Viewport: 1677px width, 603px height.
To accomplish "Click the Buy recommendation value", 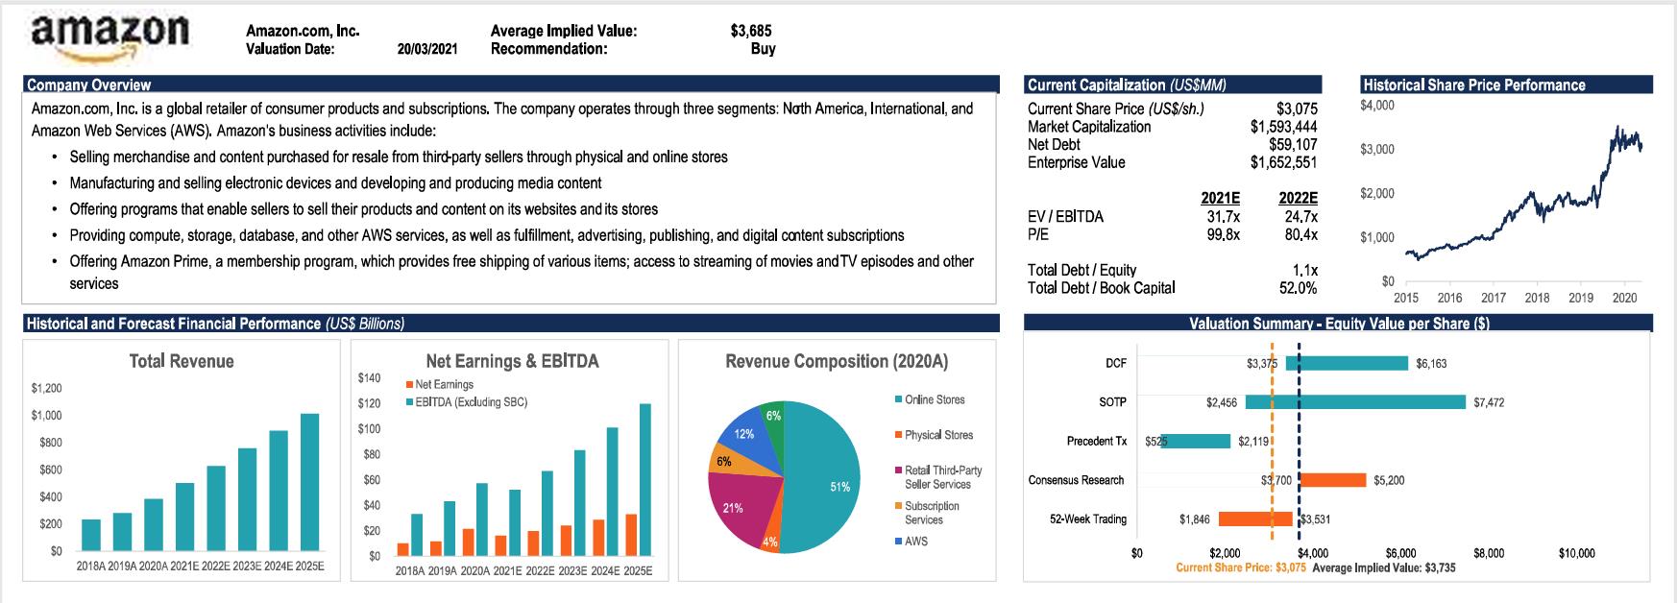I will (x=763, y=49).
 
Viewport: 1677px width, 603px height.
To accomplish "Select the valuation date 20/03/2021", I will (x=426, y=49).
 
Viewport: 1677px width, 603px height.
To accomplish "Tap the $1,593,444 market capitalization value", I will (x=1283, y=127).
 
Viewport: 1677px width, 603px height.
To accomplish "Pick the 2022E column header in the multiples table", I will (x=1299, y=199).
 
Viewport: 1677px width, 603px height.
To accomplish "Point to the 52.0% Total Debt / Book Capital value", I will (x=1298, y=288).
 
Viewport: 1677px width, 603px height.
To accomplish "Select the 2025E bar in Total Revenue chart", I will (x=309, y=482).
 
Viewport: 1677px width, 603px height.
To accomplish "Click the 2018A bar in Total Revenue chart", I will (x=91, y=535).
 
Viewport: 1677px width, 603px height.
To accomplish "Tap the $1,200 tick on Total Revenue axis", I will (x=46, y=389).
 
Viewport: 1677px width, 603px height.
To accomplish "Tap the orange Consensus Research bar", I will (x=1332, y=480).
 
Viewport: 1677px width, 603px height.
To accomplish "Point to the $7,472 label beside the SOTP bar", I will (x=1489, y=403).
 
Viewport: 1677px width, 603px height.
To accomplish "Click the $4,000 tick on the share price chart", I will (x=1377, y=105).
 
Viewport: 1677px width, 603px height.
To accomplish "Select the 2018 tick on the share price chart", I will (x=1537, y=299).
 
